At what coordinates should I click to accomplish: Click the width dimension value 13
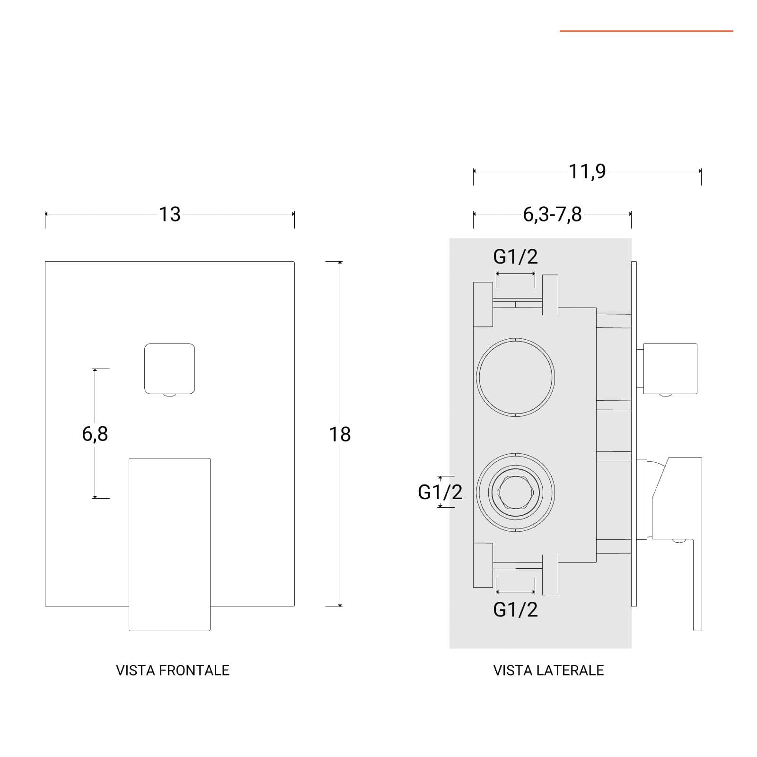(169, 214)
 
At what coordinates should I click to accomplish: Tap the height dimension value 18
(340, 434)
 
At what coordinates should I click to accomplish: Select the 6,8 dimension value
(95, 434)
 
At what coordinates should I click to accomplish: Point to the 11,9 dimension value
(587, 171)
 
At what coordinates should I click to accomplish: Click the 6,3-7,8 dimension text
(552, 214)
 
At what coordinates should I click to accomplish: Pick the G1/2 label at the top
(515, 256)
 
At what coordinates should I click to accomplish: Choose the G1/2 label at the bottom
(515, 609)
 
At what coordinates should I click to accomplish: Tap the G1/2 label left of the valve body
(440, 492)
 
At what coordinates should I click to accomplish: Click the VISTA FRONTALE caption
(173, 670)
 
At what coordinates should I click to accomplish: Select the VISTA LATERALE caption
(549, 670)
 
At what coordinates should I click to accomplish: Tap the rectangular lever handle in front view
(169, 544)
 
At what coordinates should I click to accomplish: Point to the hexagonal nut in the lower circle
(515, 492)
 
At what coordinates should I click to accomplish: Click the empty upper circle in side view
(515, 378)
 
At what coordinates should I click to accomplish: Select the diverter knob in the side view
(667, 369)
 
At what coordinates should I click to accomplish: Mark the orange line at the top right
(646, 31)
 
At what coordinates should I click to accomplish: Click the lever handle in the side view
(677, 544)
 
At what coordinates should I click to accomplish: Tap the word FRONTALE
(194, 670)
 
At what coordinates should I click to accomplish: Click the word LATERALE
(570, 670)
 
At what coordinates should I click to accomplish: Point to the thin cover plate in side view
(634, 434)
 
